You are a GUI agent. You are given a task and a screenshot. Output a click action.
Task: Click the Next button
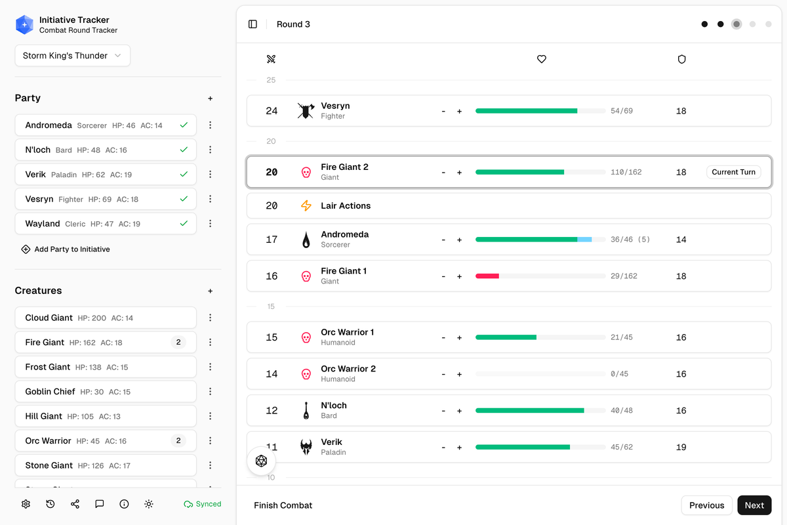pyautogui.click(x=754, y=505)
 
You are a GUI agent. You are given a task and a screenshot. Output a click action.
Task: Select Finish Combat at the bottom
pyautogui.click(x=283, y=505)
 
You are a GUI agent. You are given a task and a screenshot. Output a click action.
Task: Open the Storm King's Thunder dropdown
pyautogui.click(x=72, y=56)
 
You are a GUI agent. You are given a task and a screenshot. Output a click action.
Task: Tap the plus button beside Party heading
pyautogui.click(x=211, y=98)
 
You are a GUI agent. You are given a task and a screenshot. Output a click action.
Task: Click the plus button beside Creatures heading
pyautogui.click(x=211, y=291)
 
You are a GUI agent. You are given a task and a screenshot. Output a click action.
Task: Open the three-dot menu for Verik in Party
pyautogui.click(x=211, y=175)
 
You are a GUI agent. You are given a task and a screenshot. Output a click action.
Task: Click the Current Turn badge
pyautogui.click(x=733, y=172)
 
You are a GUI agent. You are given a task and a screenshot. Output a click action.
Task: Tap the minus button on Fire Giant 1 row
pyautogui.click(x=443, y=276)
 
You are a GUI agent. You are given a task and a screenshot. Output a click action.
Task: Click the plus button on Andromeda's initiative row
pyautogui.click(x=459, y=240)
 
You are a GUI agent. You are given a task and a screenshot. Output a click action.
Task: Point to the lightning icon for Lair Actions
pyautogui.click(x=306, y=205)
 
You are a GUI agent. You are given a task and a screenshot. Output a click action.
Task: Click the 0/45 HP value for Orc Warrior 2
pyautogui.click(x=619, y=374)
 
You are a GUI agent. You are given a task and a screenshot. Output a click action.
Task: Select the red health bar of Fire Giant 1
pyautogui.click(x=487, y=276)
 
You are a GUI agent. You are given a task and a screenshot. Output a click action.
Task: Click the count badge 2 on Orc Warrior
pyautogui.click(x=178, y=440)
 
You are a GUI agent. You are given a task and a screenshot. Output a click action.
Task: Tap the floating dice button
pyautogui.click(x=261, y=461)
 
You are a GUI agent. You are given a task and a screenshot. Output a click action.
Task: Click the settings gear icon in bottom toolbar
pyautogui.click(x=26, y=504)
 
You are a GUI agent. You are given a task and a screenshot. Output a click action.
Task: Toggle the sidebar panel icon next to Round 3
pyautogui.click(x=252, y=24)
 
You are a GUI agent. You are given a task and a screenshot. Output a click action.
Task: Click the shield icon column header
pyautogui.click(x=681, y=59)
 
